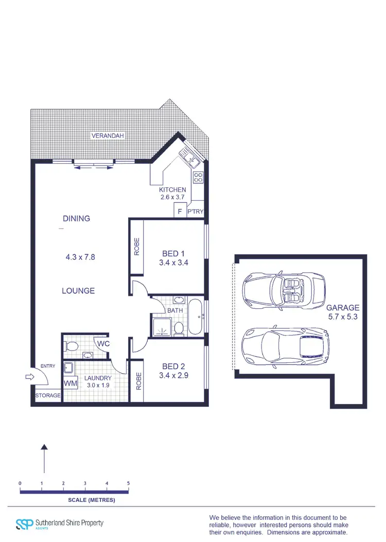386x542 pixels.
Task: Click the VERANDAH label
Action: tap(108, 136)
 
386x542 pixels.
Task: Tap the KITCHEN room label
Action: tap(172, 190)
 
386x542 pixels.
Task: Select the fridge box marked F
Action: tap(180, 211)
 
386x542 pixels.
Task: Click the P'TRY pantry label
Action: tap(196, 212)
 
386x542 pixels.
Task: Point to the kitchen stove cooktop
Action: tap(198, 178)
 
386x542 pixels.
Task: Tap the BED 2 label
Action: tap(173, 366)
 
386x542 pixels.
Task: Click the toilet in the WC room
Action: tap(72, 345)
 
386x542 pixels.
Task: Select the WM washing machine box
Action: tap(70, 384)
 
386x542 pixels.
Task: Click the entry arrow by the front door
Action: tap(29, 377)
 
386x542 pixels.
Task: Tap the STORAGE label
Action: tap(47, 396)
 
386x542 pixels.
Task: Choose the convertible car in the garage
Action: tap(284, 291)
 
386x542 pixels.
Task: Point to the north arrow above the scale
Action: tap(45, 458)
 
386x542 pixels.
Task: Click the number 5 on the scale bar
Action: tap(128, 483)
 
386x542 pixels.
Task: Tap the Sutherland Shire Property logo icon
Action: tap(24, 523)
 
